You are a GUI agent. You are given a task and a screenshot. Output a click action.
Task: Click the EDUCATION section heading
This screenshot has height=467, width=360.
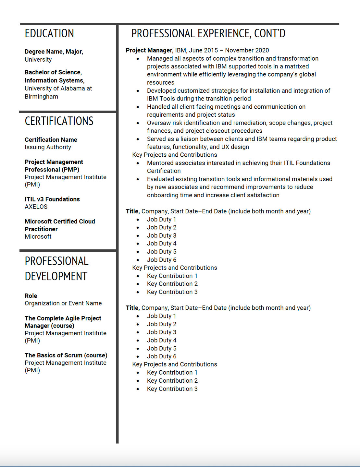(x=49, y=33)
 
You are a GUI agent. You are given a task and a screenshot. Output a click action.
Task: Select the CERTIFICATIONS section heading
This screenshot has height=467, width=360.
(x=59, y=121)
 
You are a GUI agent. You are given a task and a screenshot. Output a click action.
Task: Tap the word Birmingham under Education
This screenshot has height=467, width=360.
(x=42, y=97)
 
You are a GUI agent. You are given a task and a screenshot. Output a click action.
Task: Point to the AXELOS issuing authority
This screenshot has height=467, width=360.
(x=36, y=207)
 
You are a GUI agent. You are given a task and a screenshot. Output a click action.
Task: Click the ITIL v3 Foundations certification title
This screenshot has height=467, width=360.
(x=52, y=199)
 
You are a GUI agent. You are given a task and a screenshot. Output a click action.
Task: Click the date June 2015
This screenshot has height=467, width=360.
(x=204, y=50)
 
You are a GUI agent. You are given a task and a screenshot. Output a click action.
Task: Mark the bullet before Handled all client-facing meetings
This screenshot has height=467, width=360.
(x=138, y=107)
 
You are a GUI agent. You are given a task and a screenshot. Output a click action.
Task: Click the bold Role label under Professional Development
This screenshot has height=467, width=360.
(x=31, y=296)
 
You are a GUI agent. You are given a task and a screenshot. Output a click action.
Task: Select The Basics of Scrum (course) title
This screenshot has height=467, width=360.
(x=66, y=355)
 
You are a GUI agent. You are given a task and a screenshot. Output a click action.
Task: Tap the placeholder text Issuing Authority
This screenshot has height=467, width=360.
(x=48, y=147)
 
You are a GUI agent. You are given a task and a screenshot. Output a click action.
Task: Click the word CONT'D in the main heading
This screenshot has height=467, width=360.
(x=270, y=33)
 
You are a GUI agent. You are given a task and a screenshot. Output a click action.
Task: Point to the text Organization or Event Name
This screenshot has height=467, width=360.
(x=63, y=303)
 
